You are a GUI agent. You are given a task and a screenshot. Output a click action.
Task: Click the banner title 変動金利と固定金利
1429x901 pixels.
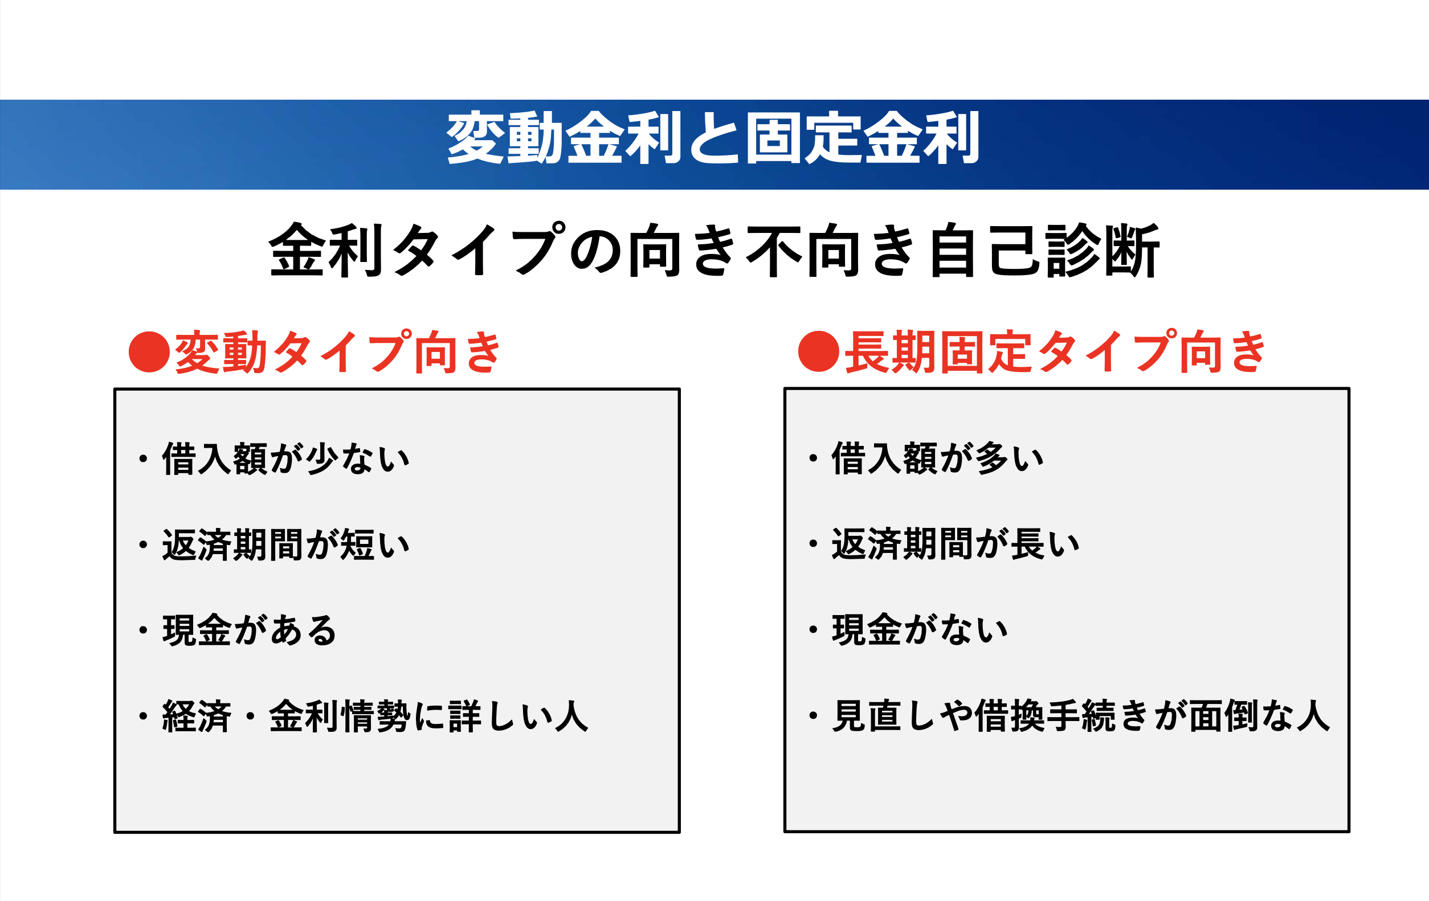point(713,138)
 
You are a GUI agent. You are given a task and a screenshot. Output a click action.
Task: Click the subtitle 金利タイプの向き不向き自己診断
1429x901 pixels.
point(714,249)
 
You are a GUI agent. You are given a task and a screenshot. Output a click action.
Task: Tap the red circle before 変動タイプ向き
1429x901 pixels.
point(149,352)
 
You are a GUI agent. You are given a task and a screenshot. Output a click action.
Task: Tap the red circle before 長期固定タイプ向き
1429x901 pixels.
point(819,351)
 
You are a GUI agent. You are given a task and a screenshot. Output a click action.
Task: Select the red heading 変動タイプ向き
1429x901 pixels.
point(338,352)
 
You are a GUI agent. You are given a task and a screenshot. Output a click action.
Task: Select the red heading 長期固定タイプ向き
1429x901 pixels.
point(1055,351)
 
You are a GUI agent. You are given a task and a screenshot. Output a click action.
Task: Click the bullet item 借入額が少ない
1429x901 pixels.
point(286,458)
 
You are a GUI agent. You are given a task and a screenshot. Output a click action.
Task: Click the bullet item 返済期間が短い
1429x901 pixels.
point(286,544)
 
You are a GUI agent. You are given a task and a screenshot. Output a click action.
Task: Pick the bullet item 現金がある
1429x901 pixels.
point(249,630)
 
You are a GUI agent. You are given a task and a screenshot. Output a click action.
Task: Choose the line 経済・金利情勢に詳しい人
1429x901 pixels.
point(375,716)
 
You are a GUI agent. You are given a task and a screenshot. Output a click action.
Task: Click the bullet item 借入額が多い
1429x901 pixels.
point(938,458)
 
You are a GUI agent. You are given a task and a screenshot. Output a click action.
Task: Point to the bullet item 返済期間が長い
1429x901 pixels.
point(956,544)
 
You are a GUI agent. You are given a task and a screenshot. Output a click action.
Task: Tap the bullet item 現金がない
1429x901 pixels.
point(920,629)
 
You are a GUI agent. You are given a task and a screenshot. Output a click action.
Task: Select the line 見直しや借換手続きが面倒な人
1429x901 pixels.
point(1081,715)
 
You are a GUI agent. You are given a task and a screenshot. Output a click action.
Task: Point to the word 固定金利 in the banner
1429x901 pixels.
point(862,138)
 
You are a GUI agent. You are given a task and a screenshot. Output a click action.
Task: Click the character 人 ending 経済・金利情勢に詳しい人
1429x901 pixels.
point(571,716)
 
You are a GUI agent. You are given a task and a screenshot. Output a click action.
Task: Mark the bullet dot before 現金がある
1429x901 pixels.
point(142,630)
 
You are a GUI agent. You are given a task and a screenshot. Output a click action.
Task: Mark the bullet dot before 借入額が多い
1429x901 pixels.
point(813,458)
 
